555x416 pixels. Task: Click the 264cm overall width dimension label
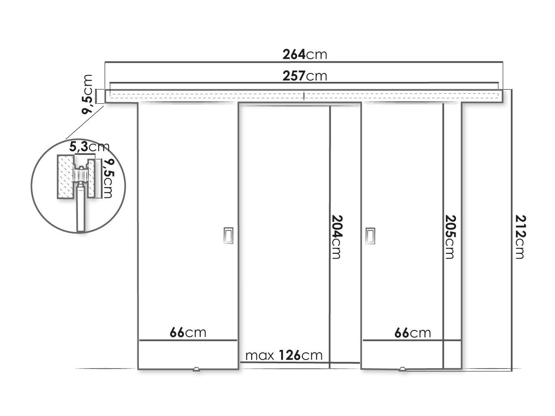pos(304,55)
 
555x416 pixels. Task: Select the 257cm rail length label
pos(304,76)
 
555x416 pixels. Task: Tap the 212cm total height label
pos(521,237)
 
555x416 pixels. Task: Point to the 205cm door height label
pos(450,237)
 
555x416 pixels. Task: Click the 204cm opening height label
pos(337,237)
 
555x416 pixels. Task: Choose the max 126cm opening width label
pos(284,355)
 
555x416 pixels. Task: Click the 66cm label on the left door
pos(188,332)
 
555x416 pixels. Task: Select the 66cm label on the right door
pos(412,333)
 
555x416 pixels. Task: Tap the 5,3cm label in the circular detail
pos(89,147)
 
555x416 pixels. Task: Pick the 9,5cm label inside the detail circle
pos(108,178)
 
